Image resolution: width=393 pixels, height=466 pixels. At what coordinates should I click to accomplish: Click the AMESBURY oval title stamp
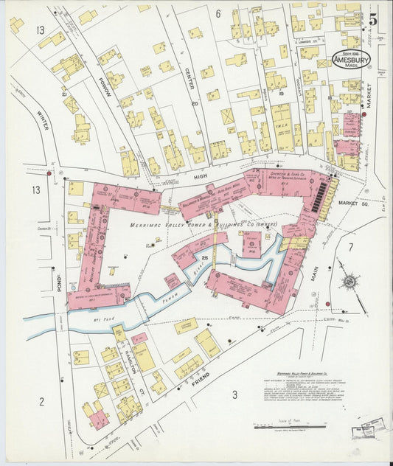pyautogui.click(x=352, y=59)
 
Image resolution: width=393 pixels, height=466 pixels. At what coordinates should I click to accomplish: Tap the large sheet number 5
pyautogui.click(x=373, y=20)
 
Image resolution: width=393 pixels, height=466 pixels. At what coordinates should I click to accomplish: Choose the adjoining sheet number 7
pyautogui.click(x=351, y=247)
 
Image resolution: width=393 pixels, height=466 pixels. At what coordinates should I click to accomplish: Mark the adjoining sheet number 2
pyautogui.click(x=41, y=401)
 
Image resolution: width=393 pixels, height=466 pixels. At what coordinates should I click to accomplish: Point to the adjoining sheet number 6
pyautogui.click(x=218, y=13)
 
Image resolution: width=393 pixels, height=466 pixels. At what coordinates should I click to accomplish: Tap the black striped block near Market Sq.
pyautogui.click(x=321, y=198)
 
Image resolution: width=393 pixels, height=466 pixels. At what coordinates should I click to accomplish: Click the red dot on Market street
pyautogui.click(x=364, y=114)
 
